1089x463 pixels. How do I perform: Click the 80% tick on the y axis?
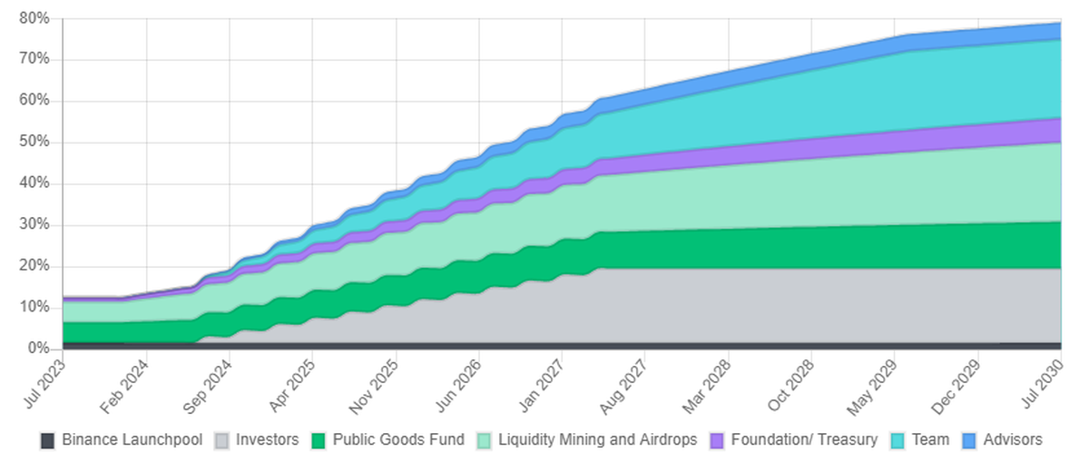34,18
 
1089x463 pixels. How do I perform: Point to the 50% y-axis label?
34,143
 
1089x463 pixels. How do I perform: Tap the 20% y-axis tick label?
34,266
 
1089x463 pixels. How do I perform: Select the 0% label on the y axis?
39,349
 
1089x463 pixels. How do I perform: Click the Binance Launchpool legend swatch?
47,440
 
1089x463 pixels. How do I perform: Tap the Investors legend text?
267,440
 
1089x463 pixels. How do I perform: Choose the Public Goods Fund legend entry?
398,440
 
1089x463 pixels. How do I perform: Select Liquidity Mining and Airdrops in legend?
598,440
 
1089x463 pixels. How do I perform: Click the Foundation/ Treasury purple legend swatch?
717,440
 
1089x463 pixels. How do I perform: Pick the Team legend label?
930,440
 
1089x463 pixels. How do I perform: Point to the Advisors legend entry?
1013,440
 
